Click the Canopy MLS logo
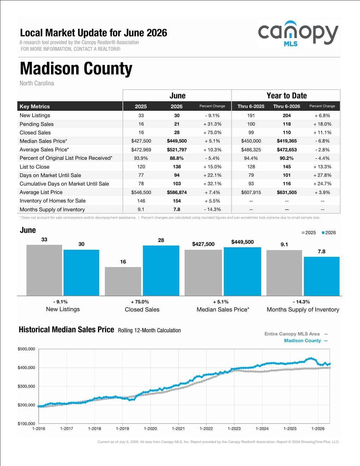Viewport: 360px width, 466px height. pos(298,34)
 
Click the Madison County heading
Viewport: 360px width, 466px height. pos(76,69)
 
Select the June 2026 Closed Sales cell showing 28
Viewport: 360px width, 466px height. pos(177,133)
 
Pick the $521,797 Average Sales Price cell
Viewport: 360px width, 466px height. pos(177,150)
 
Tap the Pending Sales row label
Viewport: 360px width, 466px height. pos(36,124)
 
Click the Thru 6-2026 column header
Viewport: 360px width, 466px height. pos(287,107)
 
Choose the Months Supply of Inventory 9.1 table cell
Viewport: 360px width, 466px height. pos(141,209)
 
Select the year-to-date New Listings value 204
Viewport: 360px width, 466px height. pos(287,116)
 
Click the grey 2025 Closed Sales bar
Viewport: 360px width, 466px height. pos(123,282)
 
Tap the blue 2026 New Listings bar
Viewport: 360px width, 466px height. pos(81,273)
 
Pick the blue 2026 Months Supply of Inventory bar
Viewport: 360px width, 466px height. pos(322,277)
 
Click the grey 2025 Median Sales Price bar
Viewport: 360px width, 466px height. pos(203,273)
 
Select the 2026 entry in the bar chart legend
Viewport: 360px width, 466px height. pos(329,233)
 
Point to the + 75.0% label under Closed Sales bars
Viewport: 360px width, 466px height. pos(140,302)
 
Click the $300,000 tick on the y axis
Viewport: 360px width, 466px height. pos(26,386)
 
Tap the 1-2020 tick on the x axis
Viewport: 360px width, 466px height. pos(150,429)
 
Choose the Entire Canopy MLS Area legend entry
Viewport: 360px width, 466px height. pos(296,334)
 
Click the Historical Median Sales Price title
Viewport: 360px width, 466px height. pos(66,329)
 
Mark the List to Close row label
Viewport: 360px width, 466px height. pos(34,167)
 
